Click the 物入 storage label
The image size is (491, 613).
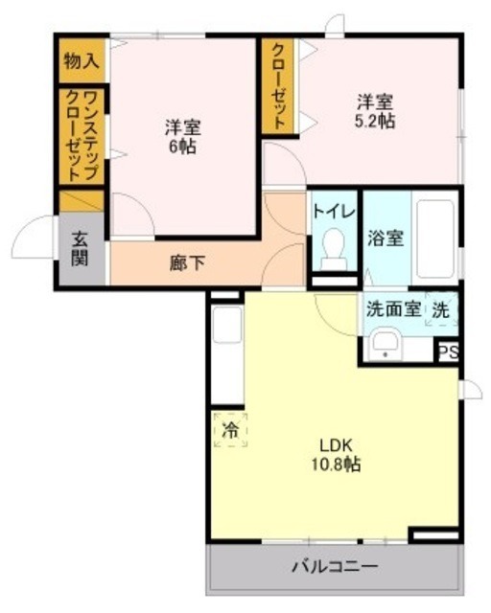[x=82, y=61]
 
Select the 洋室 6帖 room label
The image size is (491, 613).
[x=181, y=137]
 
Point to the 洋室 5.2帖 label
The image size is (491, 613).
[x=376, y=110]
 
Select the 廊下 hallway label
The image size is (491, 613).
[x=187, y=261]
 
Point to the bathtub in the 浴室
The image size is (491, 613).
[x=435, y=235]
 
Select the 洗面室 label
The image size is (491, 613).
[x=391, y=309]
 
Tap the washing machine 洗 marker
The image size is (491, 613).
[x=440, y=308]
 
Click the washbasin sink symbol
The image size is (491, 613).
[x=386, y=342]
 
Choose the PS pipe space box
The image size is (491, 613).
[x=447, y=352]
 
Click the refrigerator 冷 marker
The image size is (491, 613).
[x=229, y=429]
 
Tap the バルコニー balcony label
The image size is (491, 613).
[x=335, y=566]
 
